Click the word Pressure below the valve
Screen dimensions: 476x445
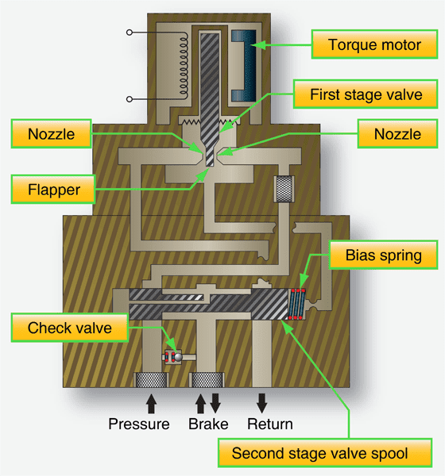(x=139, y=424)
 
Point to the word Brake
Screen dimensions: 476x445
(x=207, y=424)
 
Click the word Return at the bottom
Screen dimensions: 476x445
(x=270, y=424)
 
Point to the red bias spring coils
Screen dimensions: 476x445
(x=300, y=305)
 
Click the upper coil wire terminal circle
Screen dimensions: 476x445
(x=129, y=33)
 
